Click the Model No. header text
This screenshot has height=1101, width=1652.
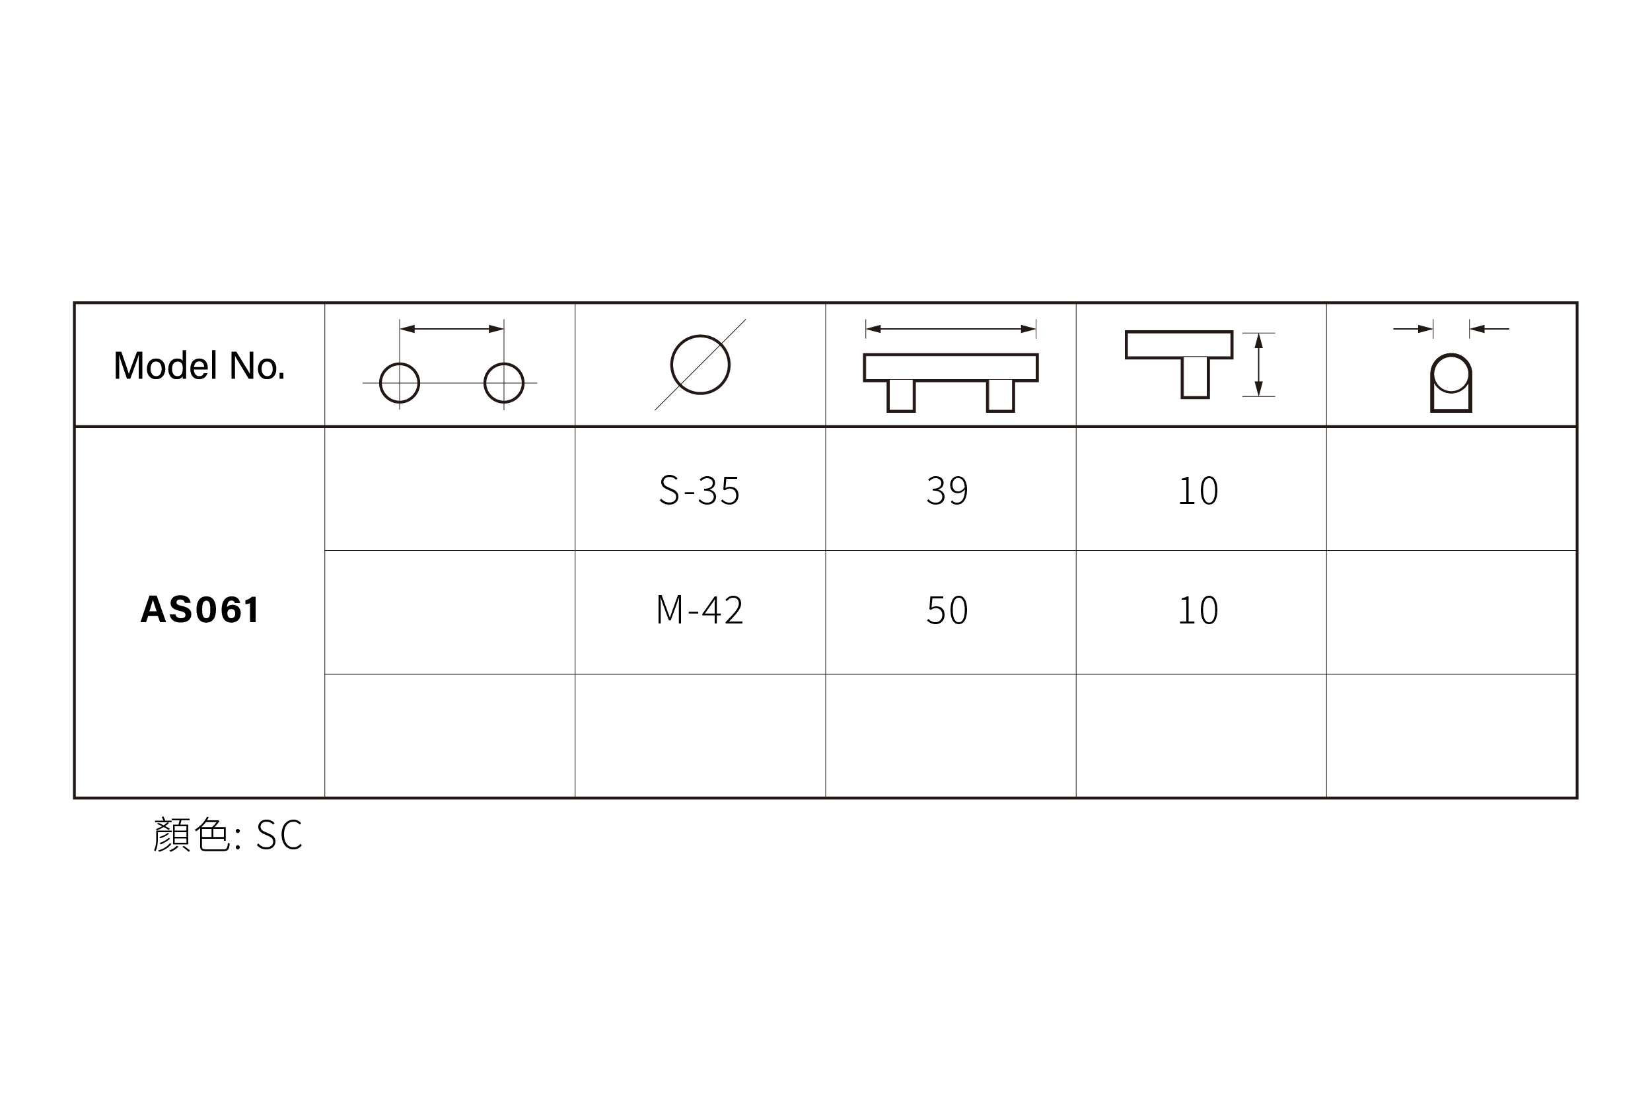coord(199,366)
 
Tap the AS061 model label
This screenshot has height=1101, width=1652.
coord(200,610)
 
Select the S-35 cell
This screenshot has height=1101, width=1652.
coord(700,490)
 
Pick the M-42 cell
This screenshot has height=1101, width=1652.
coord(700,610)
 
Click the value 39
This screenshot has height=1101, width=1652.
coord(947,490)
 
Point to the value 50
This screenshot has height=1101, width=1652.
coord(947,610)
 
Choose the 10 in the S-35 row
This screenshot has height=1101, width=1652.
coord(1198,490)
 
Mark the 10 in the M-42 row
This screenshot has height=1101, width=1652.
coord(1198,610)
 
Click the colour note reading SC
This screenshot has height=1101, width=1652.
coord(279,835)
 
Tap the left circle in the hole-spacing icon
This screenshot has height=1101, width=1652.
coord(380,382)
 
